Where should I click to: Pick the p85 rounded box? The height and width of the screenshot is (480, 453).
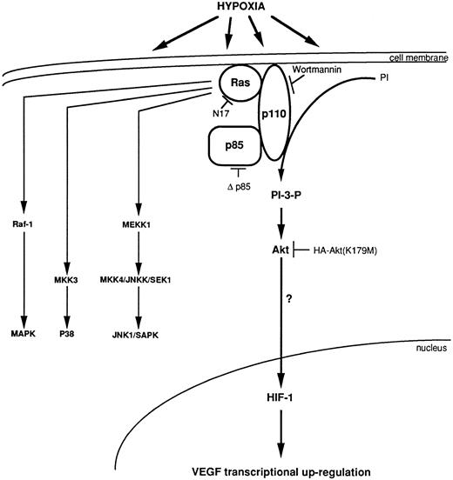pos(232,145)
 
